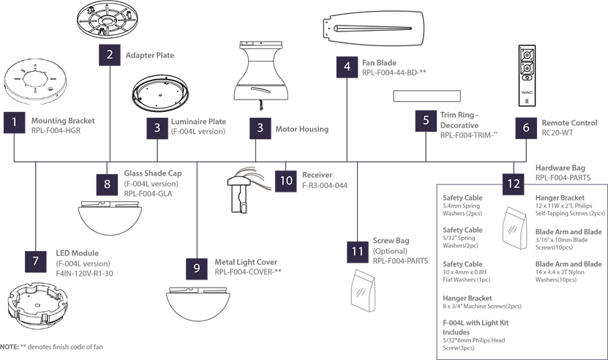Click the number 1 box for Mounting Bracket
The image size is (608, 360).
(15, 123)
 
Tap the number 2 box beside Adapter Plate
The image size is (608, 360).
(110, 55)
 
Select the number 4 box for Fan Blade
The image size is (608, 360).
(347, 67)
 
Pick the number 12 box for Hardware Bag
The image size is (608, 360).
(514, 184)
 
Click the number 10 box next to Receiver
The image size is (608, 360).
(286, 181)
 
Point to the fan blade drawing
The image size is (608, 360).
(372, 29)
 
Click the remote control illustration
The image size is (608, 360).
(527, 75)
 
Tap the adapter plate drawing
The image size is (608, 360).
(108, 19)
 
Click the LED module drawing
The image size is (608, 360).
(37, 306)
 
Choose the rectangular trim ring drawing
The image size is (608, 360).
(427, 96)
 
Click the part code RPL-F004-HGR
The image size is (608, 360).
(56, 131)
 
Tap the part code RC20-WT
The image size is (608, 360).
(558, 132)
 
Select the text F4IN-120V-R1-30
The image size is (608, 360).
(85, 274)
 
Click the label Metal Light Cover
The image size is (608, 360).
(246, 262)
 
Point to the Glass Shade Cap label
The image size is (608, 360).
(153, 173)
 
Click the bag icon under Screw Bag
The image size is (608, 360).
(363, 290)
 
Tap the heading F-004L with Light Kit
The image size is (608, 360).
(476, 323)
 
